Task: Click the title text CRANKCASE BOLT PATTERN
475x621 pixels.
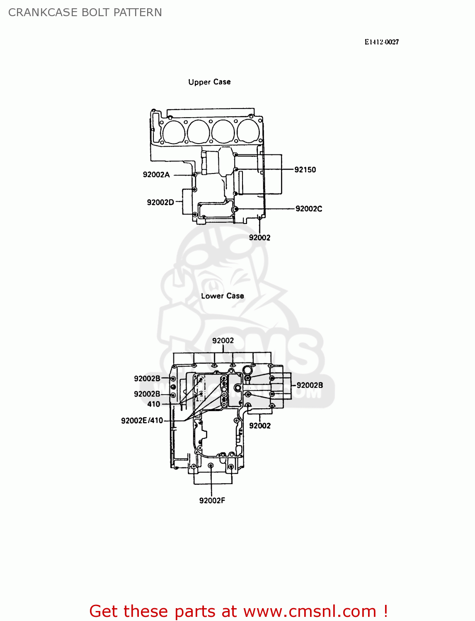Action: (x=85, y=12)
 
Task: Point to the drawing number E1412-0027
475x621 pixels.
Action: (x=381, y=42)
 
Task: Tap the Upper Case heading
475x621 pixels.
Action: (x=209, y=82)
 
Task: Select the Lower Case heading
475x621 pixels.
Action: (x=222, y=296)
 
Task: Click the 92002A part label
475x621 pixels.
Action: (x=156, y=175)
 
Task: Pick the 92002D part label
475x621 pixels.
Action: (x=160, y=202)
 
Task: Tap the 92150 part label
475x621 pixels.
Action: (x=305, y=170)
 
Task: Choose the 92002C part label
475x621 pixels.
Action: (x=309, y=209)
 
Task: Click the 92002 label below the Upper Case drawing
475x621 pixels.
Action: (x=259, y=238)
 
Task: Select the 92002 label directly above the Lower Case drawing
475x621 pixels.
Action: (x=223, y=341)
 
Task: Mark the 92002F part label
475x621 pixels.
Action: (x=212, y=501)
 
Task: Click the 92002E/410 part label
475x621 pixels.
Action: (x=142, y=421)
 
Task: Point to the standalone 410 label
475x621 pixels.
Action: (x=154, y=404)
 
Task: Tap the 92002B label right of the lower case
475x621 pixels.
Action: (x=310, y=385)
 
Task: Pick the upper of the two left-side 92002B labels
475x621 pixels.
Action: (x=147, y=378)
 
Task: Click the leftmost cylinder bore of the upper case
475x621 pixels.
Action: (x=174, y=132)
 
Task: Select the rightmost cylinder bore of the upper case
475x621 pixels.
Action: (x=247, y=131)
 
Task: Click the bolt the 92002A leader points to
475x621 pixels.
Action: (x=194, y=175)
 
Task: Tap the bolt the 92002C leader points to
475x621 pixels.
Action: (x=236, y=209)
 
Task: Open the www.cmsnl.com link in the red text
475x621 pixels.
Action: (x=310, y=611)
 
